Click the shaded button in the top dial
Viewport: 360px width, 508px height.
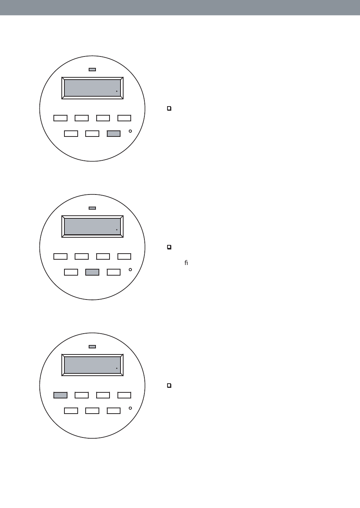click(114, 133)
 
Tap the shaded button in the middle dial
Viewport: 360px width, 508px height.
click(92, 272)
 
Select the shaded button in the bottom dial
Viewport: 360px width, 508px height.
click(61, 395)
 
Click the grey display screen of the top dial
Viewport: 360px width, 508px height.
click(92, 88)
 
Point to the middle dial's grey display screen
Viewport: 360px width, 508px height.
click(92, 226)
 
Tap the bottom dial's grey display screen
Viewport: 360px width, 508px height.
click(92, 365)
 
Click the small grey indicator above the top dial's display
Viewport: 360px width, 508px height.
click(92, 70)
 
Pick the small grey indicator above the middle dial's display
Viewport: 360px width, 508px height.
click(92, 208)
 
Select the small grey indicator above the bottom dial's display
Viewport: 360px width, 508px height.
click(92, 347)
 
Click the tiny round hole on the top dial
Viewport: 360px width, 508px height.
click(130, 131)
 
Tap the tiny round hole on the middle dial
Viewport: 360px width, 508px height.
click(130, 270)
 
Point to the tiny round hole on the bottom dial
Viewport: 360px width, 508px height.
click(130, 408)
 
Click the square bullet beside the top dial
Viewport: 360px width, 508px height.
click(169, 109)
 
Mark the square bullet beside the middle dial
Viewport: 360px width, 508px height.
click(169, 247)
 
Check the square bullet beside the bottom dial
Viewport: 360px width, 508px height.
click(169, 386)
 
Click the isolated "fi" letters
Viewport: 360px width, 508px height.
click(186, 262)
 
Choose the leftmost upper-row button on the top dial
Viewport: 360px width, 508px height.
click(61, 118)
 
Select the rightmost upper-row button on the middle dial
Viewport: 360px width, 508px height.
click(124, 256)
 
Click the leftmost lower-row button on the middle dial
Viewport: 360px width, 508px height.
click(71, 272)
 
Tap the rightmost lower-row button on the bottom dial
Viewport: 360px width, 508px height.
click(114, 411)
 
